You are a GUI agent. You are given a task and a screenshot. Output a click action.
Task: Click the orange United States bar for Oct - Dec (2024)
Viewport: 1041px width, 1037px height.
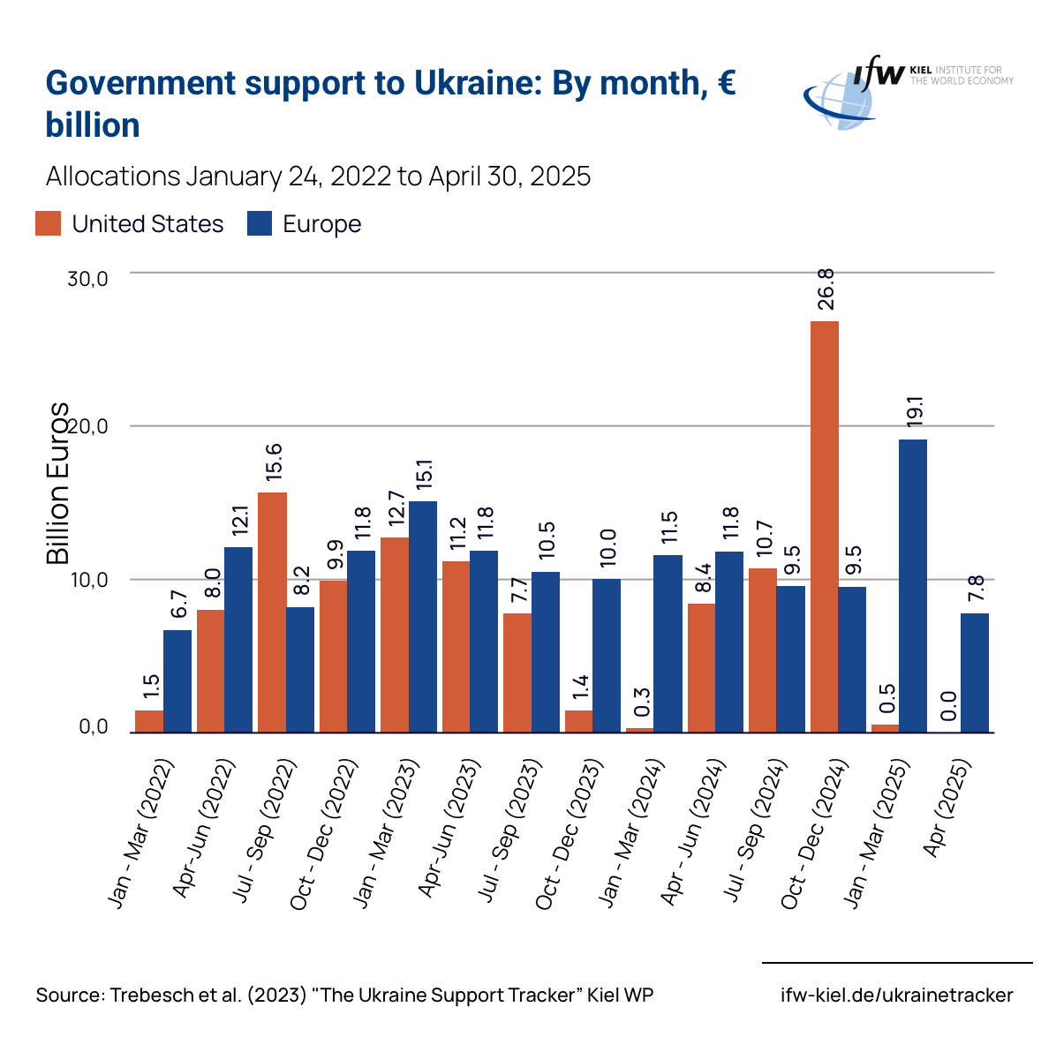click(x=824, y=527)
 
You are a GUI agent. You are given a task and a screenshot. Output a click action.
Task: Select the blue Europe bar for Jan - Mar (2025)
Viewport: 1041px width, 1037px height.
click(x=913, y=586)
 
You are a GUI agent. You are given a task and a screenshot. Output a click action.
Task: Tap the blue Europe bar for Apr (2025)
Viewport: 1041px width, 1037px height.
click(x=975, y=673)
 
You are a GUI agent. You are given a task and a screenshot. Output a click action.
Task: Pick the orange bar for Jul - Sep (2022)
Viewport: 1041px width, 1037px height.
click(x=272, y=612)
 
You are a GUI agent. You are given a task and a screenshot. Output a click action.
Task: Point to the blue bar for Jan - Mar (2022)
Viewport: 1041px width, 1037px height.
click(x=177, y=681)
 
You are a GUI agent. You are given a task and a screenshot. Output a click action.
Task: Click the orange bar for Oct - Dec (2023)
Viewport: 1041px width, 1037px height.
click(x=578, y=721)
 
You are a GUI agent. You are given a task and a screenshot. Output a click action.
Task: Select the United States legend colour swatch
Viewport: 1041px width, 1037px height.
click(x=49, y=224)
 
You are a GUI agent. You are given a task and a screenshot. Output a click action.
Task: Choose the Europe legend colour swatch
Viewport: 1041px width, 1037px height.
click(x=259, y=224)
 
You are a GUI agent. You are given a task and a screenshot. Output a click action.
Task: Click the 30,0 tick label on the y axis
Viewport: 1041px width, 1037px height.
click(x=87, y=279)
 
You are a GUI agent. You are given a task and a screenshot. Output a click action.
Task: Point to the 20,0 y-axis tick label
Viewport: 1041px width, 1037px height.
click(x=87, y=427)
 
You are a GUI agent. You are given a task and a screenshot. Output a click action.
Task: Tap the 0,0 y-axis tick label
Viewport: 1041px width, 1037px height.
click(x=94, y=727)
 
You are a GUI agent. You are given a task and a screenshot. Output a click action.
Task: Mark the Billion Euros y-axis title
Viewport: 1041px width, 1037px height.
click(x=58, y=484)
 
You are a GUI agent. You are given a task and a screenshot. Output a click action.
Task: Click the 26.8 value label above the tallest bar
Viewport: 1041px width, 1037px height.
click(x=826, y=289)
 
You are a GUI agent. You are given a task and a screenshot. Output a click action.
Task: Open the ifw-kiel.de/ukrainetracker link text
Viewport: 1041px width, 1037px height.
click(x=897, y=996)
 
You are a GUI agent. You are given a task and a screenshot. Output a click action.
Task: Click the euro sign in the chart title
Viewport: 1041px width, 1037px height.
click(x=726, y=83)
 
